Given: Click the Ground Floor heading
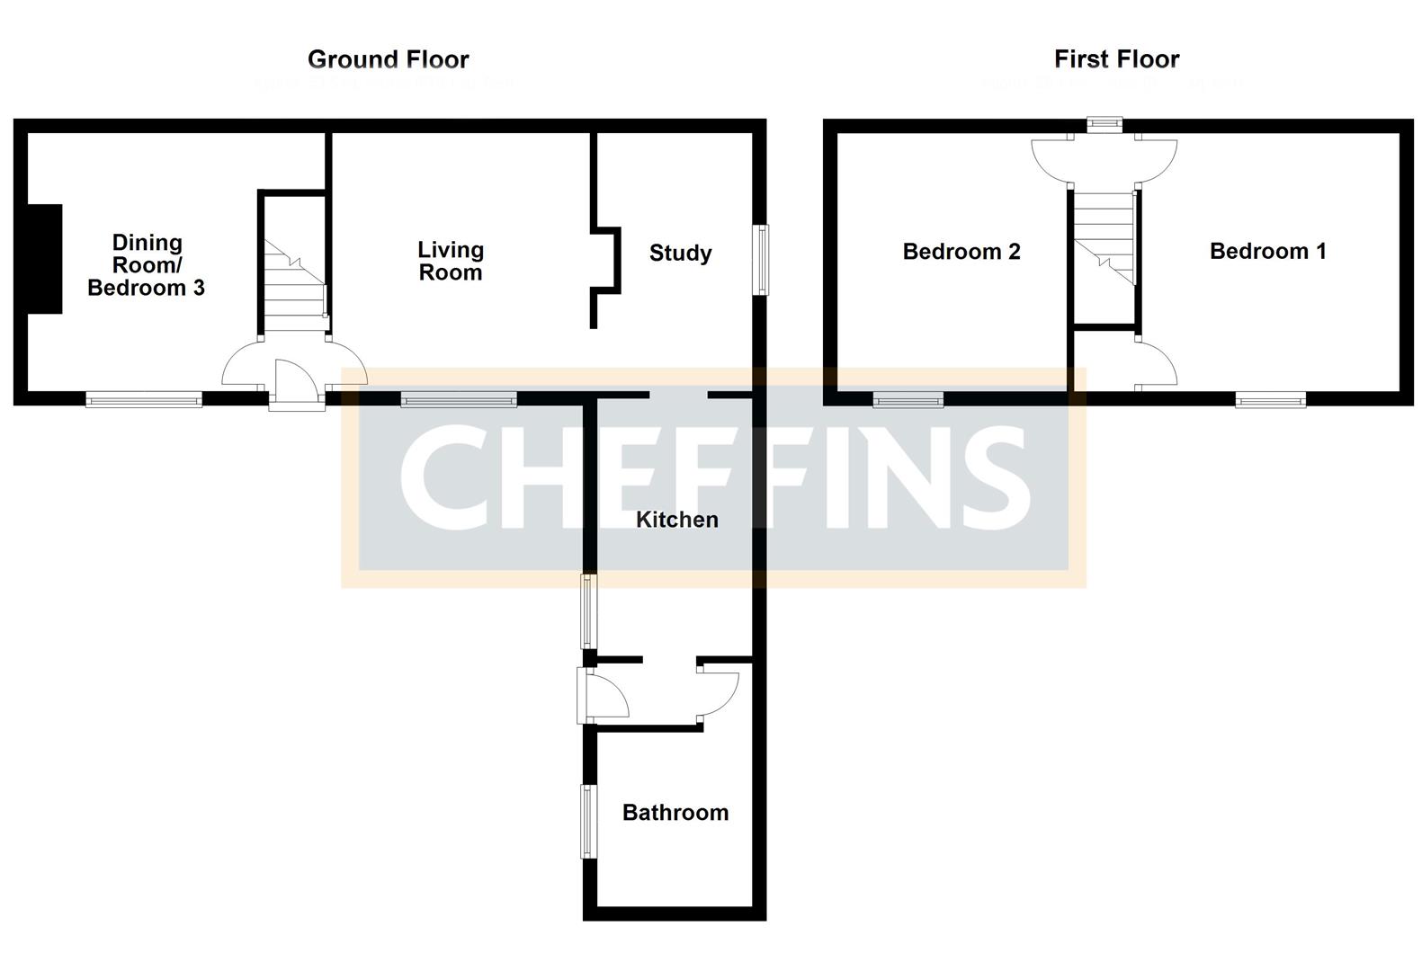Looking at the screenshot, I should click(388, 59).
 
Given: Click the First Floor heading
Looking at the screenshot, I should click(1116, 59).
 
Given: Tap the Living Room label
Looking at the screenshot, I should click(451, 261).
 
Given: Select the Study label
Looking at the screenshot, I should click(680, 253).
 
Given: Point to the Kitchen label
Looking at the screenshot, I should click(676, 520).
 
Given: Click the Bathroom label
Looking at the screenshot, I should click(675, 813).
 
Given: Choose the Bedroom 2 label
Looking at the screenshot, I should click(961, 252).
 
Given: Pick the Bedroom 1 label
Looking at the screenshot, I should click(1267, 252).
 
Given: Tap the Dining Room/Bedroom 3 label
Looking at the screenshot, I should click(147, 265).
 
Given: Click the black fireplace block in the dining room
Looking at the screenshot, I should click(44, 259).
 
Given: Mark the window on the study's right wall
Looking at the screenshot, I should click(761, 260).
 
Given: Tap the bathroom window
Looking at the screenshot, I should click(589, 821).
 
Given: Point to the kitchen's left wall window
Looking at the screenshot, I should click(588, 611).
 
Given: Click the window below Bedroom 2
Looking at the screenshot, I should click(908, 399).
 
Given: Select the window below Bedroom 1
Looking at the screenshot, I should click(1270, 399).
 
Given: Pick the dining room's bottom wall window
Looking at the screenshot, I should click(144, 399).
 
